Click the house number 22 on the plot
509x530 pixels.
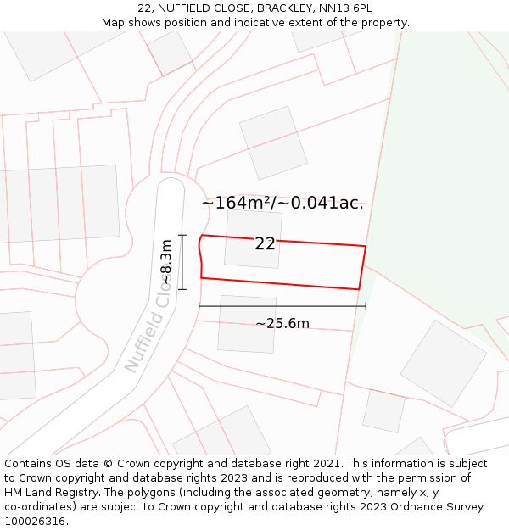coord(265,244)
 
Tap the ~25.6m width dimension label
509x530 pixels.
coord(282,323)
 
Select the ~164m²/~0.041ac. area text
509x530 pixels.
coord(282,203)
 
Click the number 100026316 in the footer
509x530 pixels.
coord(35,522)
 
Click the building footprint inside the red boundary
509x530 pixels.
coord(253,240)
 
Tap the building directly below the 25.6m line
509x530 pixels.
coord(247,324)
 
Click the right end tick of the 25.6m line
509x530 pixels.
coord(366,306)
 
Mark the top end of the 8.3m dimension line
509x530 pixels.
coord(182,236)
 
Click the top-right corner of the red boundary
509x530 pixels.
coord(366,246)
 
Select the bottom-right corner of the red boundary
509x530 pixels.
coord(359,289)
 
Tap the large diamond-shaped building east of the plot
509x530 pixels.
coord(443,363)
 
